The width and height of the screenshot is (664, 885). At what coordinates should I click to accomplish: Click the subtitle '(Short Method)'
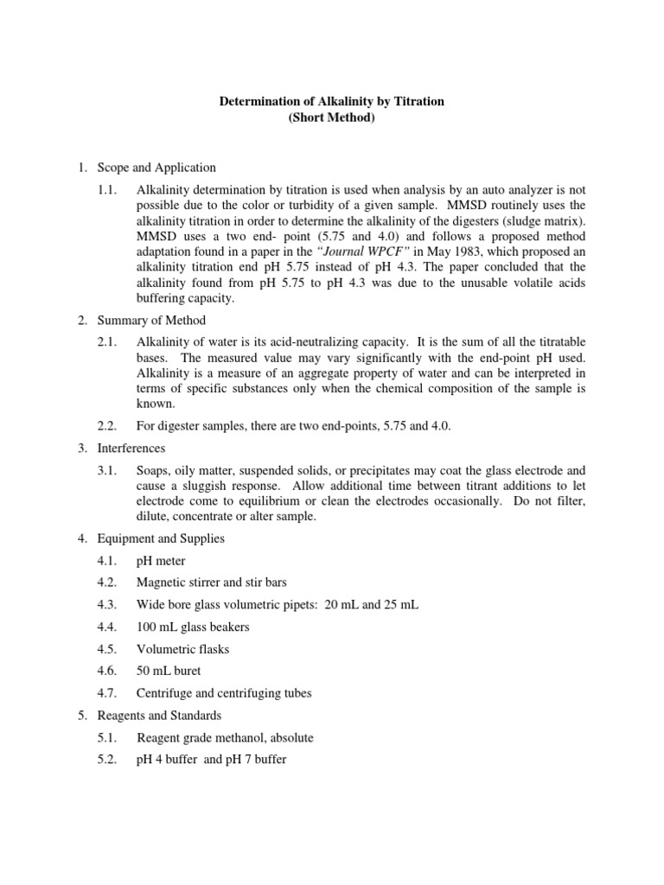[x=331, y=118]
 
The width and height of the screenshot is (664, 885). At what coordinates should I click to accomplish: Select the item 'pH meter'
[x=161, y=561]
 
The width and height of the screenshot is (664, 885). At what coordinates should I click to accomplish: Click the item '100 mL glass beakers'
[x=188, y=627]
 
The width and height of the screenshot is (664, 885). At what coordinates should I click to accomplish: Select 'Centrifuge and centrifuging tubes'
[x=224, y=693]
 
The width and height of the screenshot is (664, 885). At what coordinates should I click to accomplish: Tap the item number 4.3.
[x=108, y=605]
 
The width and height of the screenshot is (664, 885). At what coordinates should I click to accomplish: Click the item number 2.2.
[x=108, y=426]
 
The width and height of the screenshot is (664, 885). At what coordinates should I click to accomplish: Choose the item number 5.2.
[x=108, y=761]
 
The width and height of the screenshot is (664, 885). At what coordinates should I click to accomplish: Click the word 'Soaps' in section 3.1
[x=152, y=471]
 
